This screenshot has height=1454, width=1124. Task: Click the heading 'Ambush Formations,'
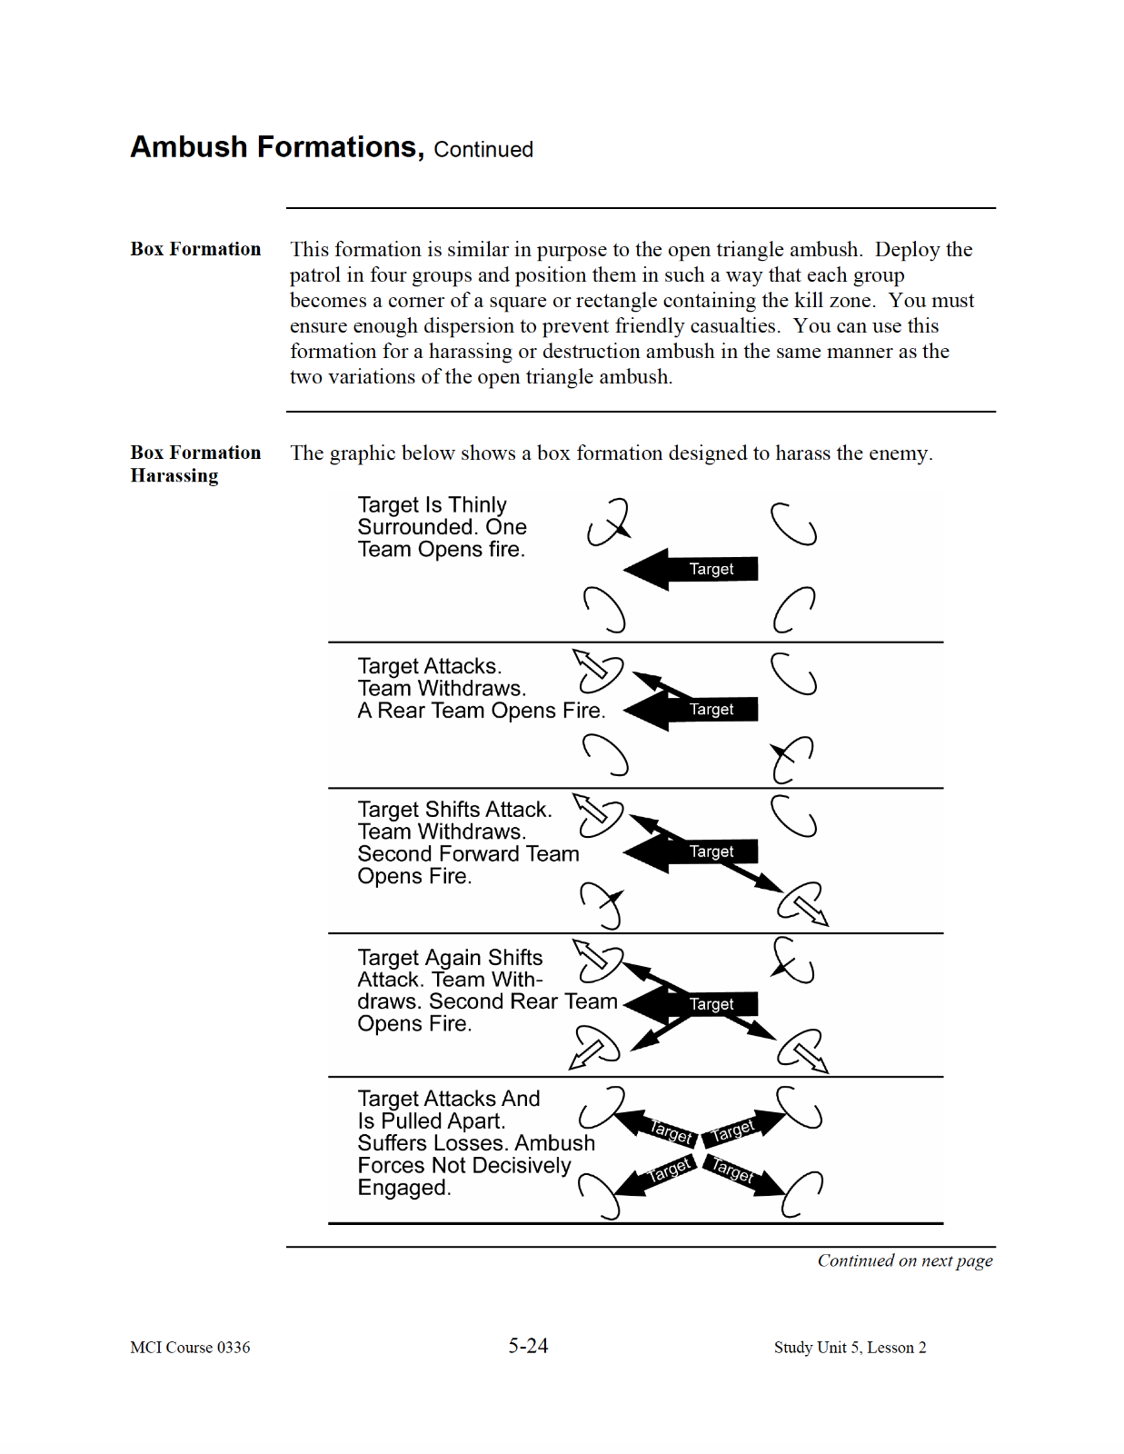click(x=276, y=147)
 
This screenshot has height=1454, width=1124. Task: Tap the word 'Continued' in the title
click(x=483, y=150)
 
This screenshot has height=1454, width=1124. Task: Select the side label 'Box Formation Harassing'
click(x=194, y=463)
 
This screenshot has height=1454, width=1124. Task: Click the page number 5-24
click(x=528, y=1346)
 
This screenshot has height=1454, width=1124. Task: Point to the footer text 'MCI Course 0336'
click(x=190, y=1348)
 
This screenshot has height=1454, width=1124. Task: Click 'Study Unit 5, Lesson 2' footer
click(x=850, y=1348)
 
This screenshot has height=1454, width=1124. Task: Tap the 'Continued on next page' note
click(x=904, y=1260)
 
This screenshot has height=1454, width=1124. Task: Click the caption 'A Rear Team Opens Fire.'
click(x=481, y=711)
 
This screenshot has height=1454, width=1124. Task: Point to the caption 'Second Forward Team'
click(x=468, y=854)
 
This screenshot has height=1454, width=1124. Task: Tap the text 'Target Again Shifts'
click(x=450, y=958)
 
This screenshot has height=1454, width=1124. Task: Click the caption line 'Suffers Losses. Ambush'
click(x=476, y=1143)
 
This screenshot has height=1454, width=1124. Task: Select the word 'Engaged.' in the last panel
click(x=403, y=1188)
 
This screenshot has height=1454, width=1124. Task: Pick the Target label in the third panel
click(x=711, y=851)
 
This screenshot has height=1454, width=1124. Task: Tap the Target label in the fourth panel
click(x=711, y=1004)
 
